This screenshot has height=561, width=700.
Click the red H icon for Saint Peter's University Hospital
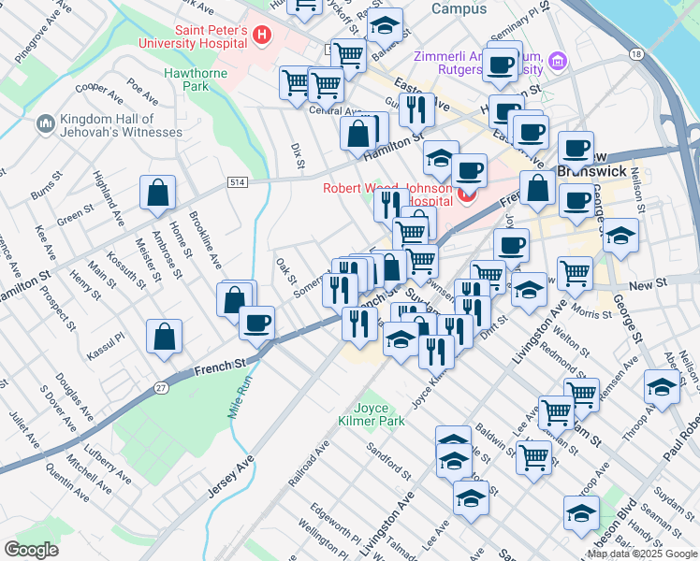tap(262, 36)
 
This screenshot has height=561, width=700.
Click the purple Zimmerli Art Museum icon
tap(559, 62)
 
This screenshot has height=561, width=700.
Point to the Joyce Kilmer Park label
tap(371, 414)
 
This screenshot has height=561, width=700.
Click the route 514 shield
tap(238, 182)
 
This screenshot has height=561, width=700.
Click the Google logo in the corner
tap(31, 549)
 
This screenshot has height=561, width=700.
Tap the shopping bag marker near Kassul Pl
tap(164, 338)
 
